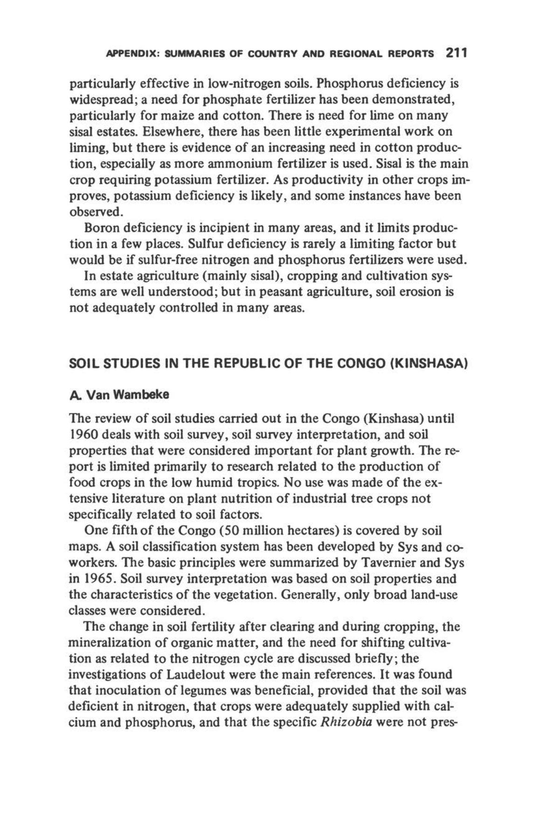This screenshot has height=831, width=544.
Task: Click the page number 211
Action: pyautogui.click(x=455, y=52)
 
